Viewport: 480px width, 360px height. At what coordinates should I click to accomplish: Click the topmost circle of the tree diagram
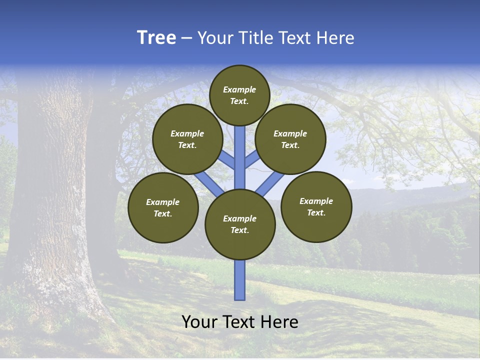[239, 95]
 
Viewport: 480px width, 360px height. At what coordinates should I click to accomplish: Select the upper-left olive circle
[187, 139]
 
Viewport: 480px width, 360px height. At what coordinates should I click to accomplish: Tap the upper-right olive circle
[290, 139]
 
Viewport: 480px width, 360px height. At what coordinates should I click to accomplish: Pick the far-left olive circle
[163, 207]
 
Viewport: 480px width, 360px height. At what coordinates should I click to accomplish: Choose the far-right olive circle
[316, 206]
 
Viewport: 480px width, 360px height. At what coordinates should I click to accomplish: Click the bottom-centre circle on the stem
[240, 224]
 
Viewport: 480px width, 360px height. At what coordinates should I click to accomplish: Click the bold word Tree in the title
[156, 37]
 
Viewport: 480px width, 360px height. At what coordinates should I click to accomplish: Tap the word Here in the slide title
[335, 38]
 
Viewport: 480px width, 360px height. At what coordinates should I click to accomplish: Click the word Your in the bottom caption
[198, 322]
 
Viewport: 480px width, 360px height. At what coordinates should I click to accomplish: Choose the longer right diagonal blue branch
[270, 182]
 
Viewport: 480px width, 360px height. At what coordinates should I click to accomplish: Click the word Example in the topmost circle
[239, 89]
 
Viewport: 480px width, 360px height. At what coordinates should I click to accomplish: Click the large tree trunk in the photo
[55, 200]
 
